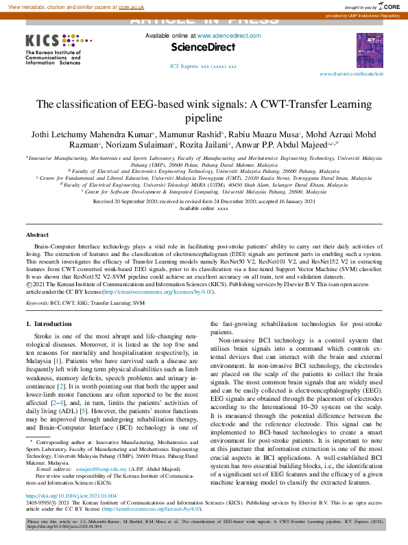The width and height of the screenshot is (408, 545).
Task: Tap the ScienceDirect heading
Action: pyautogui.click(x=203, y=47)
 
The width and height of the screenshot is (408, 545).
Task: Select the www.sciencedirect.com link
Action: pyautogui.click(x=229, y=36)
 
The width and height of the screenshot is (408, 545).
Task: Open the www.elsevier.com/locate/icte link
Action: pyautogui.click(x=352, y=73)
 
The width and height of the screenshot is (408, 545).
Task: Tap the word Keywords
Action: pyautogui.click(x=37, y=301)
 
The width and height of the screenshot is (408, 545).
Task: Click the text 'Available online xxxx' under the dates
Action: pyautogui.click(x=203, y=208)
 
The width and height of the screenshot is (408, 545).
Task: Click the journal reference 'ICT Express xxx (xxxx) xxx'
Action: pyautogui.click(x=203, y=67)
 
